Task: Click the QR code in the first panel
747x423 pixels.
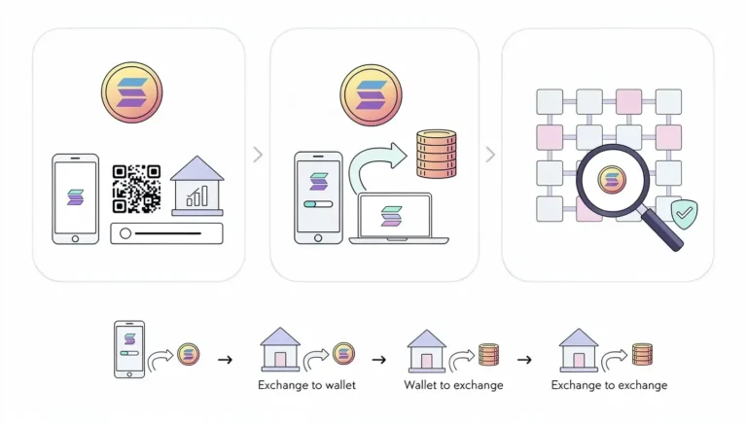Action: point(136,189)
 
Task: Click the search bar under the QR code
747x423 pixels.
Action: point(166,233)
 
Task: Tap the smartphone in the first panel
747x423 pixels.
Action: point(75,198)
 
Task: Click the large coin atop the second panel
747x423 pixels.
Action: point(371,94)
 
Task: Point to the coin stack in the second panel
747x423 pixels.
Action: point(436,154)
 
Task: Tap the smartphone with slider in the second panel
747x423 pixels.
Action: point(318,196)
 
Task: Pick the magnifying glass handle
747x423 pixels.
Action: point(662,230)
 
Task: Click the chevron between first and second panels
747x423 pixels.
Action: point(257,155)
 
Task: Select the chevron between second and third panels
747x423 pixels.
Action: point(489,155)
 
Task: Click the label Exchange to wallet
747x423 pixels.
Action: point(306,385)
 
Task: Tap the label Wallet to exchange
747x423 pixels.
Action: point(453,385)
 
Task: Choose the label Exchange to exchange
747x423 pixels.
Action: point(609,385)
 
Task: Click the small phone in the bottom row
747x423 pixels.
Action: point(129,349)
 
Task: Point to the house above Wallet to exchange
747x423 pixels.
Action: point(426,351)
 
